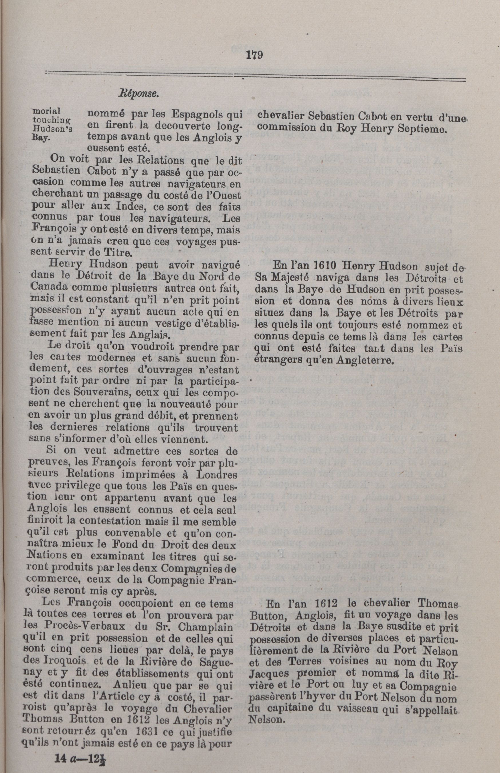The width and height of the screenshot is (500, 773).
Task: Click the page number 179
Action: click(x=254, y=55)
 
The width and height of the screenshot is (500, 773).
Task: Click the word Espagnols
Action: click(x=196, y=115)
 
